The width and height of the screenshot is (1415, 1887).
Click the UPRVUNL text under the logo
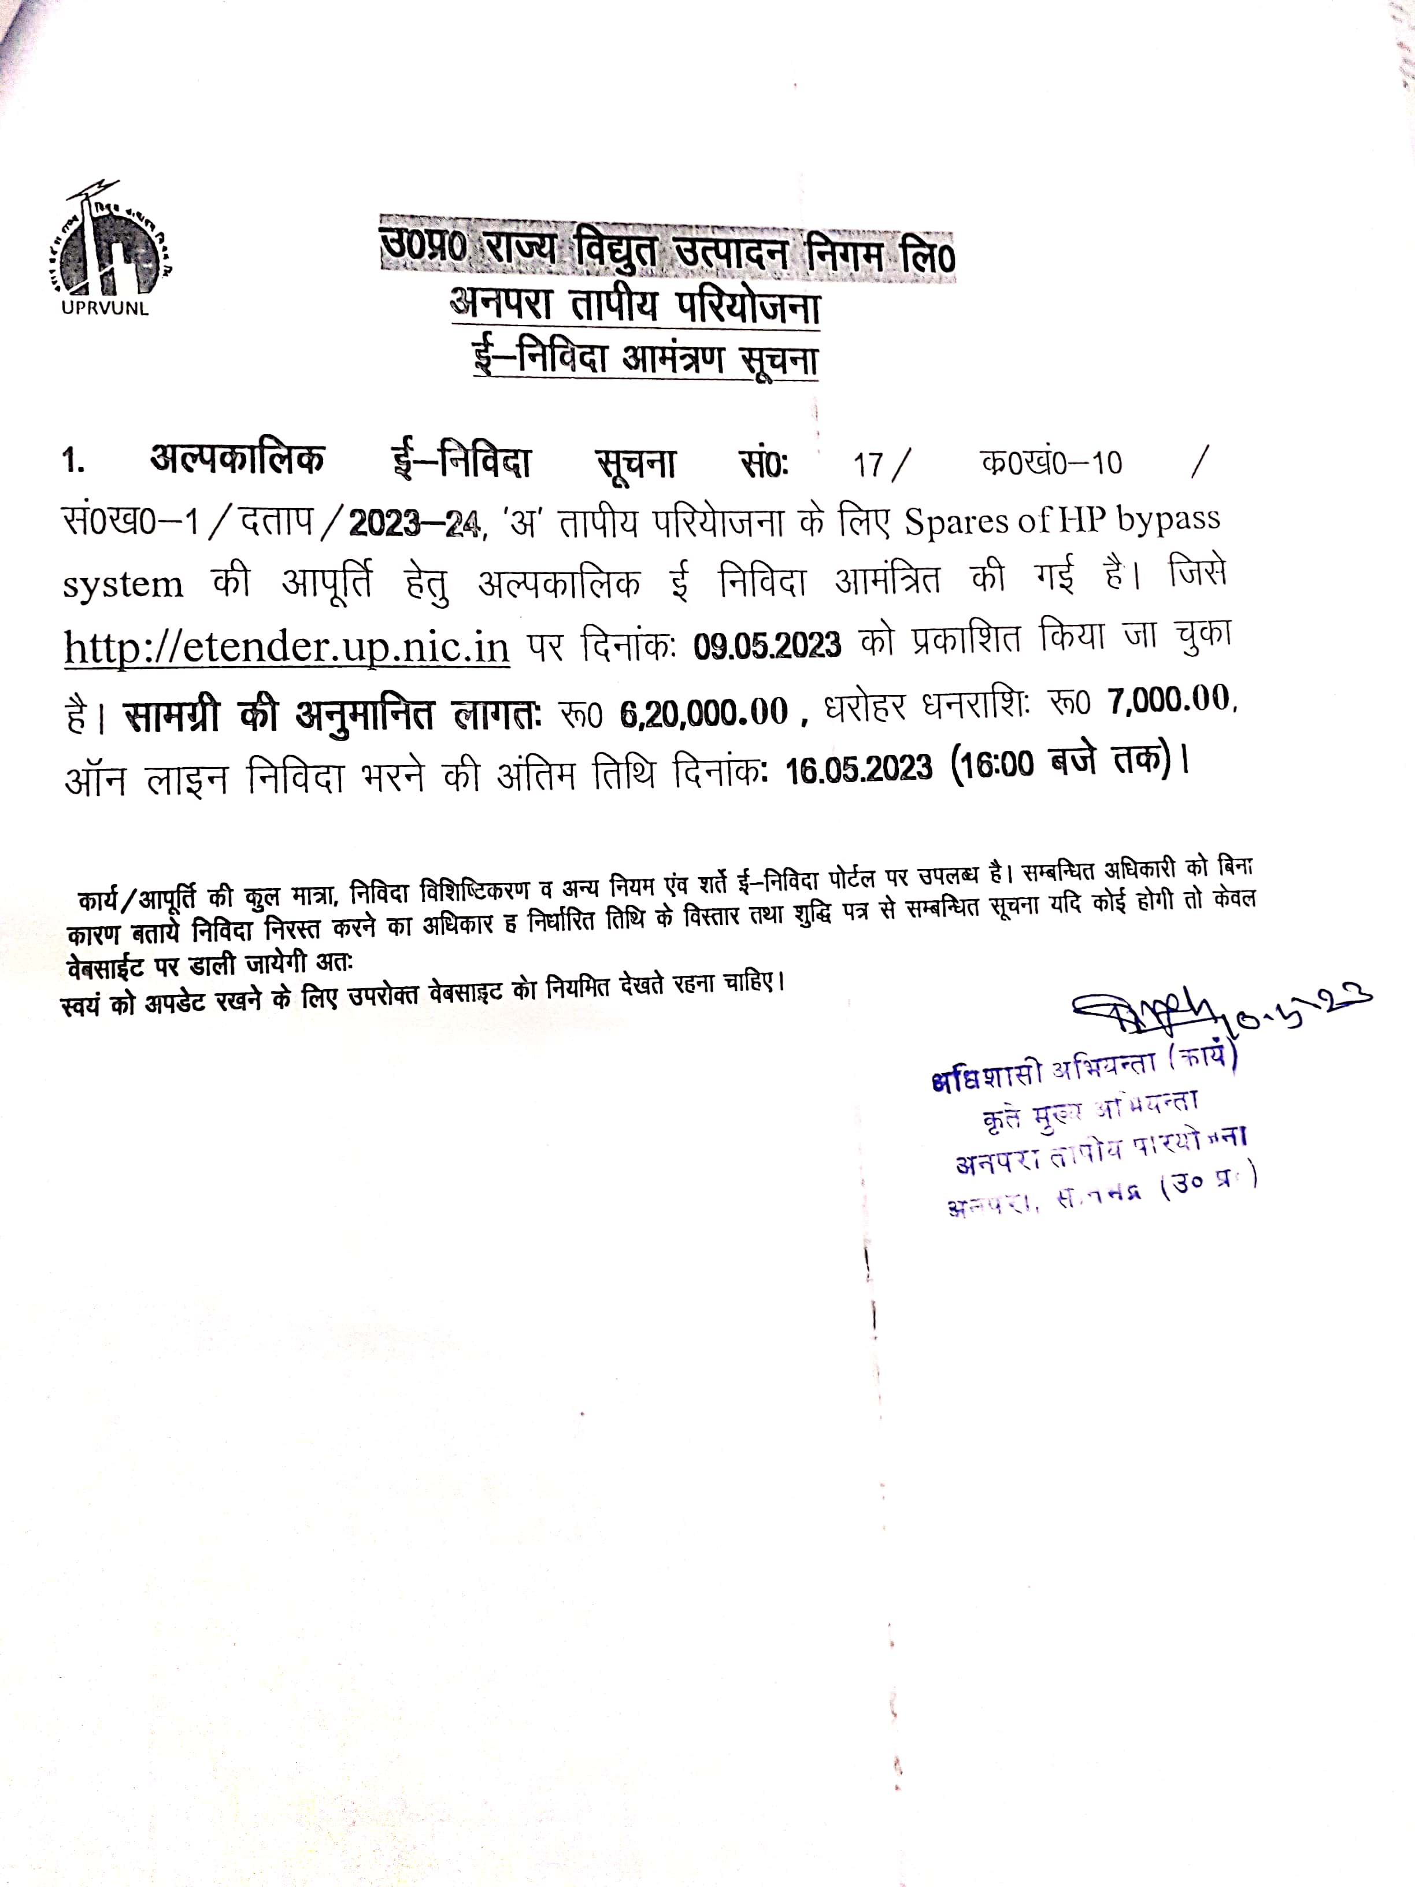(x=105, y=309)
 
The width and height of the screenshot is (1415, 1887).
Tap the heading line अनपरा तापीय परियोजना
(x=635, y=305)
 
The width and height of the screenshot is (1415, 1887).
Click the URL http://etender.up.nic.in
(x=287, y=646)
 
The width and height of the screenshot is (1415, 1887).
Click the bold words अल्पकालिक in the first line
(x=237, y=459)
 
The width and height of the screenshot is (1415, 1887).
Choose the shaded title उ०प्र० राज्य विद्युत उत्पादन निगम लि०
(x=667, y=250)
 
